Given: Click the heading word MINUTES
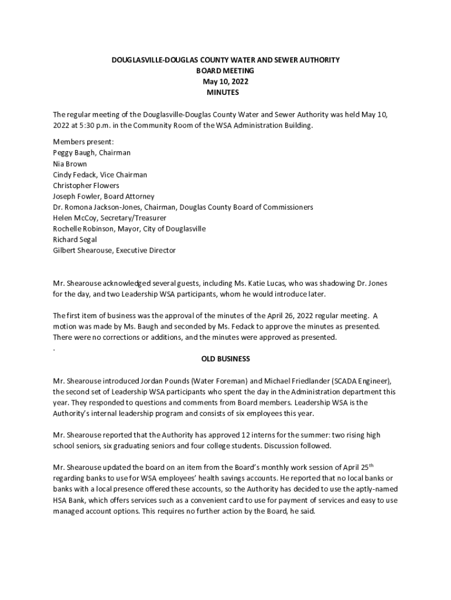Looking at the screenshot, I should pyautogui.click(x=223, y=93).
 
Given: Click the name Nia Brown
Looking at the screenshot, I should pyautogui.click(x=70, y=164).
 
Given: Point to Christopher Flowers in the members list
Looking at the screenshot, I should pyautogui.click(x=86, y=186).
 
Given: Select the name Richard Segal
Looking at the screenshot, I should pyautogui.click(x=75, y=240).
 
